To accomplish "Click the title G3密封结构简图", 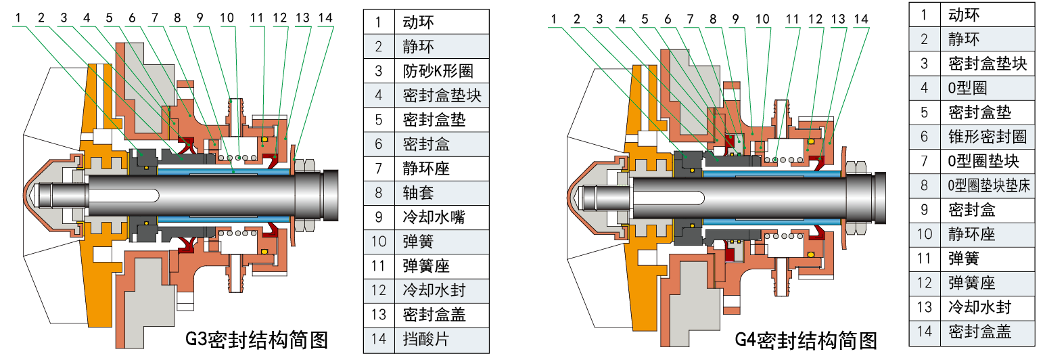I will tap(256, 338).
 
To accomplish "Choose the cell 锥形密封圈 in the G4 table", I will tap(988, 137).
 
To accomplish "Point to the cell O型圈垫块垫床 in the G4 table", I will tap(988, 185).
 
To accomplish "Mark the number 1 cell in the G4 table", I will tap(925, 14).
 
